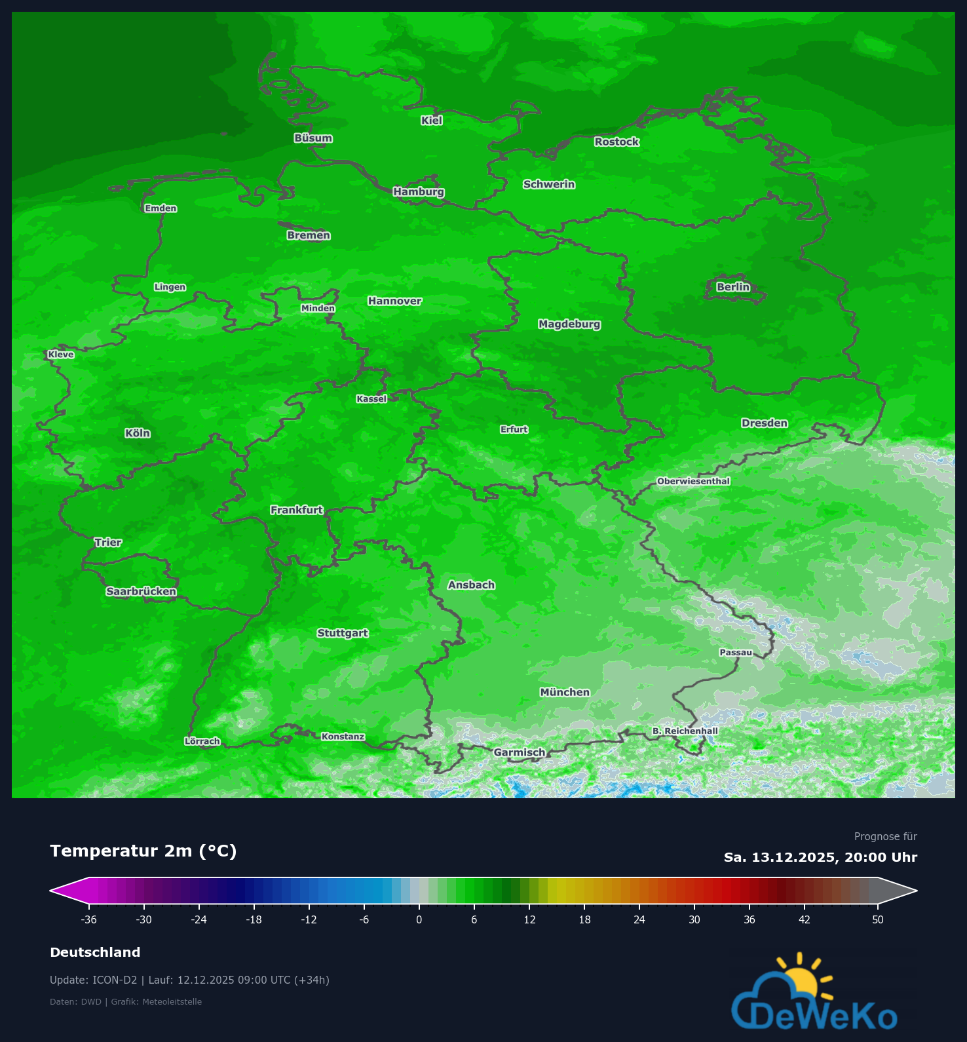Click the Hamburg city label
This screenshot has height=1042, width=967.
click(419, 192)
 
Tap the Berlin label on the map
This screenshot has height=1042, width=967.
click(733, 287)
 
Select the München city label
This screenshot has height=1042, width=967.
click(565, 692)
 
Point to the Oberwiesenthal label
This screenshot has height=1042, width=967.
click(693, 481)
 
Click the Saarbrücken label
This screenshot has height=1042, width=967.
click(142, 592)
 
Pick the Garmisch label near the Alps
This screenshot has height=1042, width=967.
click(519, 752)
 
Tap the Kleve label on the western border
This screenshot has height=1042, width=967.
click(61, 355)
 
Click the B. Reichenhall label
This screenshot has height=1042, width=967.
click(685, 731)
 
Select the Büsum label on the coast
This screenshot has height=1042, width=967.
click(313, 138)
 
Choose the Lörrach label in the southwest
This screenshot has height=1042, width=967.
click(202, 741)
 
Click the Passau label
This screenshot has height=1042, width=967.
click(736, 652)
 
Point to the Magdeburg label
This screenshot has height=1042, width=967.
click(569, 324)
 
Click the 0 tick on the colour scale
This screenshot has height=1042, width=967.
click(419, 919)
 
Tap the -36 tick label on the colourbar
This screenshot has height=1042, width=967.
click(88, 919)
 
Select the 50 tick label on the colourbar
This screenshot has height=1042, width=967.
click(878, 919)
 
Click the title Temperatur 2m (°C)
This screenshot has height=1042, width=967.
click(143, 851)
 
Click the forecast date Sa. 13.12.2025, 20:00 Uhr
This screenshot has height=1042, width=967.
click(820, 857)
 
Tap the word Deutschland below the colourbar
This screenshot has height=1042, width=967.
click(95, 952)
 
